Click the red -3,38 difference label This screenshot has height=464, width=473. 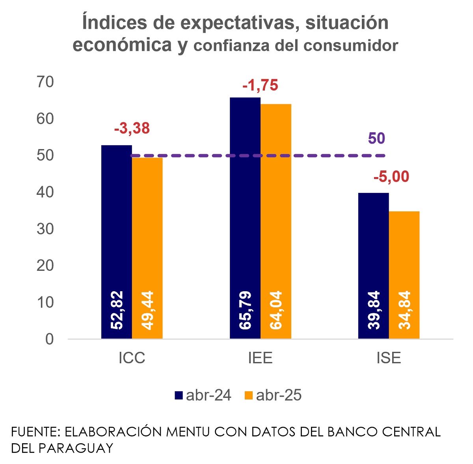(x=132, y=129)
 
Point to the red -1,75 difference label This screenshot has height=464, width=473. (x=260, y=85)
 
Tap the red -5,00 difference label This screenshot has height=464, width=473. (x=391, y=177)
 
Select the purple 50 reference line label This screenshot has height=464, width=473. (x=376, y=139)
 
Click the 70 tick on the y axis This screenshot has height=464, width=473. (x=45, y=82)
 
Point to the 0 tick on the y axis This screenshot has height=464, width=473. (x=49, y=339)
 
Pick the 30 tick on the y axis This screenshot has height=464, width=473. (x=45, y=229)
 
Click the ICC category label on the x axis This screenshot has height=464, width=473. (x=132, y=358)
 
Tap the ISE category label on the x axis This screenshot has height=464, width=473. (x=389, y=358)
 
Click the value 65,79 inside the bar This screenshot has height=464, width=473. (x=245, y=310)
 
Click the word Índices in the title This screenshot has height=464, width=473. (x=109, y=23)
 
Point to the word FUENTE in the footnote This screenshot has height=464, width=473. (x=35, y=432)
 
